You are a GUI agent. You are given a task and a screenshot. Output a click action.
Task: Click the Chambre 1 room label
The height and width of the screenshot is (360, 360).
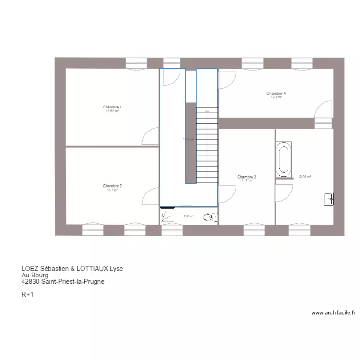click(x=112, y=107)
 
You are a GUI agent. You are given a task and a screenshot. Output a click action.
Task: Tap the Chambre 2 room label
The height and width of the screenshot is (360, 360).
click(x=112, y=186)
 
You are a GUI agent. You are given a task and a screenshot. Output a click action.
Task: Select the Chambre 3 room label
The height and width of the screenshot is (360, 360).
click(x=247, y=177)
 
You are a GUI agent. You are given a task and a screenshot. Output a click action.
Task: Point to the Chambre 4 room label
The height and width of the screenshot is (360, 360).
click(x=276, y=93)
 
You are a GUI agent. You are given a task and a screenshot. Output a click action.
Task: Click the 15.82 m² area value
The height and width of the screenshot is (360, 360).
click(x=112, y=111)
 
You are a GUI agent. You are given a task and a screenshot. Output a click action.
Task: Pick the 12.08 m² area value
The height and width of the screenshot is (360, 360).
click(x=305, y=177)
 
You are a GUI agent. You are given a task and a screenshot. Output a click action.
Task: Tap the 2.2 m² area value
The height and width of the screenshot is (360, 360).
click(x=189, y=216)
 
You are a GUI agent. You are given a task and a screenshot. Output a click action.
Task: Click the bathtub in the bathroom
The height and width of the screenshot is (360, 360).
click(x=284, y=159)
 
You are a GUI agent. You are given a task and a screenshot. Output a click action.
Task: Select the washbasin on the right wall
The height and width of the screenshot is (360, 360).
click(x=328, y=199)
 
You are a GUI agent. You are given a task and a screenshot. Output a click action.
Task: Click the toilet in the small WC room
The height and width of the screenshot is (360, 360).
click(x=209, y=217)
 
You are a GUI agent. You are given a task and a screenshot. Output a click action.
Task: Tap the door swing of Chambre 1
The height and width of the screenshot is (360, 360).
click(x=152, y=135)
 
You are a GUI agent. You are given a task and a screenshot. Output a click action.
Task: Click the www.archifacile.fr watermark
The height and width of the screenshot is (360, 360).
click(x=333, y=312)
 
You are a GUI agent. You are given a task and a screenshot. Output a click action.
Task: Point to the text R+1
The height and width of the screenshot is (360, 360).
click(x=27, y=295)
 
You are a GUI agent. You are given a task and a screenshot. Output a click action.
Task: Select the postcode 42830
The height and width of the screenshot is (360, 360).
click(x=30, y=282)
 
